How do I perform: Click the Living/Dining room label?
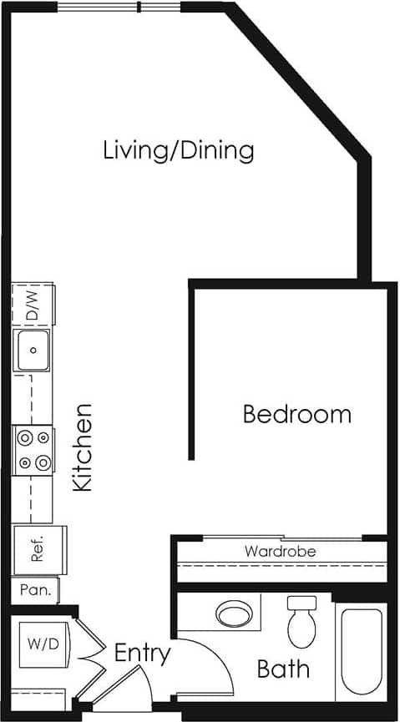(x=178, y=151)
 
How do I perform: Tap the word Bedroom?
(x=296, y=414)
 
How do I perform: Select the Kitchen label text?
(x=82, y=447)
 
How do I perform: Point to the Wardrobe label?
(x=280, y=552)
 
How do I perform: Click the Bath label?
(x=283, y=669)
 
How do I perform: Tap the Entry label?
(x=142, y=653)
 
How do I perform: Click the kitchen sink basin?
(x=33, y=350)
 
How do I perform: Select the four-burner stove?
(x=33, y=449)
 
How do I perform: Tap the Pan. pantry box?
(x=35, y=590)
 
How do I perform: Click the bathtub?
(x=362, y=650)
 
